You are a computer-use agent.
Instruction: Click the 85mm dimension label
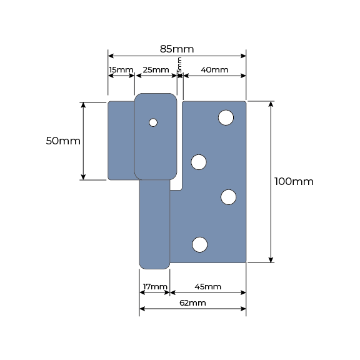177,49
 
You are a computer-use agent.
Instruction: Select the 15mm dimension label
121,69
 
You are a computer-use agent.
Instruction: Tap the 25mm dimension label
156,69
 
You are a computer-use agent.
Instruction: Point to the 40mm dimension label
214,69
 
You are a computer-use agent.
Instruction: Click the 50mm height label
63,141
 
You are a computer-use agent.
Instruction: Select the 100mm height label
294,182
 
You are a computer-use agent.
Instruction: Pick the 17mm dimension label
154,287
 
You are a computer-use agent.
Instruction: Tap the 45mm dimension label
207,287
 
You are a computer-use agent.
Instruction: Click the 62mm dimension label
192,303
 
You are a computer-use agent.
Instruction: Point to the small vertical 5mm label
180,64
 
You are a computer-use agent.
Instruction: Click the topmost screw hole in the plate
226,117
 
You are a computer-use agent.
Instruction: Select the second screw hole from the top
199,162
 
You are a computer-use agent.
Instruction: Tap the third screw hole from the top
229,197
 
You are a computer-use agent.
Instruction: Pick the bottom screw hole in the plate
199,244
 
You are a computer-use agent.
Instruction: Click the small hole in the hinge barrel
153,122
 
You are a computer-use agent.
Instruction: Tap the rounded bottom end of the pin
154,264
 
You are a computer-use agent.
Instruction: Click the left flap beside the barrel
121,141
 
